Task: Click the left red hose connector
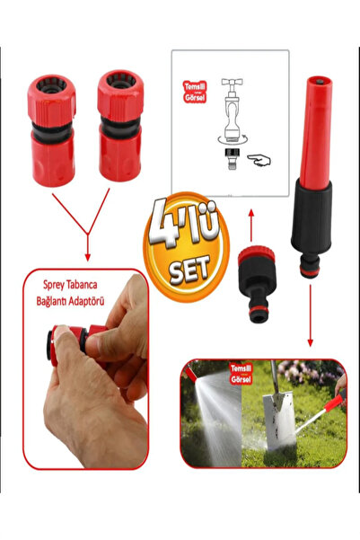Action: point(51,131)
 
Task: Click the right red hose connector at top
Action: point(120,126)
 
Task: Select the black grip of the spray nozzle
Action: point(312,217)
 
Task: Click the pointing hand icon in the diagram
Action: point(259,161)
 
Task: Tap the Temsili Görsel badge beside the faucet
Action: point(195,92)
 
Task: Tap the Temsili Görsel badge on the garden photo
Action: point(241,374)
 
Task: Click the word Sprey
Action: point(53,285)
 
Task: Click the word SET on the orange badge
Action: point(189,269)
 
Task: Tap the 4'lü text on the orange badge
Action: point(185,225)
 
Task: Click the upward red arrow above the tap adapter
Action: point(251,225)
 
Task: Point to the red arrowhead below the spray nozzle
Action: point(310,342)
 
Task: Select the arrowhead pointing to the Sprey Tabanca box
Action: point(87,257)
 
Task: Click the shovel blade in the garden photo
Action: point(280,420)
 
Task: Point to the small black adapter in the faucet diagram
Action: point(230,158)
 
